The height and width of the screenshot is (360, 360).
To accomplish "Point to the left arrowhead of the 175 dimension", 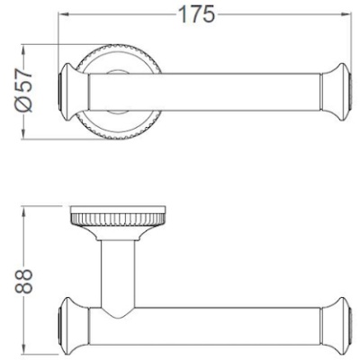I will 63,15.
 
